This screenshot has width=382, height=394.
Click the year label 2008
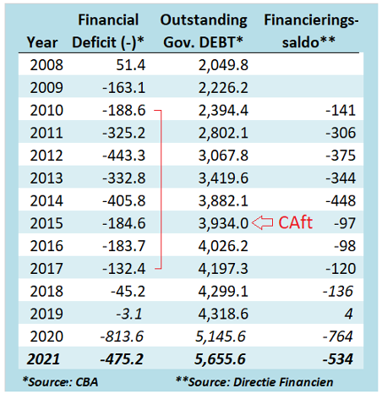[x=46, y=65]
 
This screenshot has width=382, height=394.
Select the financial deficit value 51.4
[x=131, y=65]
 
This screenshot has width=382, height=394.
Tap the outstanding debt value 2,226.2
[x=223, y=88]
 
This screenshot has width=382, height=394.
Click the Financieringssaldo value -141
[x=341, y=110]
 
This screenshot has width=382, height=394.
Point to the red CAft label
[x=295, y=222]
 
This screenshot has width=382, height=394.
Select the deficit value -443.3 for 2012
[x=124, y=156]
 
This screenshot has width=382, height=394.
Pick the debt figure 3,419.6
[x=223, y=178]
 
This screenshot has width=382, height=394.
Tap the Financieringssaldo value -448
[x=341, y=201]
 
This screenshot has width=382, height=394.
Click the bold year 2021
[x=43, y=359]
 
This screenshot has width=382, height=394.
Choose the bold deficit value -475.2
[x=122, y=359]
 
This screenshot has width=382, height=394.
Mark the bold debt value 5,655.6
[x=220, y=359]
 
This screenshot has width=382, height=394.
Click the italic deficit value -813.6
[x=122, y=337]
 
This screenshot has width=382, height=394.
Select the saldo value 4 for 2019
[x=349, y=314]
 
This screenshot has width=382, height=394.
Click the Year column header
[x=42, y=42]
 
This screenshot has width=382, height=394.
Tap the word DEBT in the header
[x=217, y=42]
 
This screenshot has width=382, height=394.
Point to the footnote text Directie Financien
[x=283, y=382]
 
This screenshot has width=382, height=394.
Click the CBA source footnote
[x=60, y=382]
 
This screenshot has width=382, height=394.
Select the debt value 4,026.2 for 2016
[x=223, y=246]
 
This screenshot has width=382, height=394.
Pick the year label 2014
[x=46, y=201]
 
